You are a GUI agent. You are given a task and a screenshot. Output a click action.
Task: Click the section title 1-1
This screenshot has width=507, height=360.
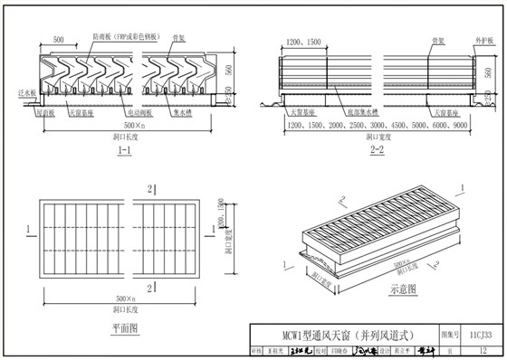[x=124, y=152]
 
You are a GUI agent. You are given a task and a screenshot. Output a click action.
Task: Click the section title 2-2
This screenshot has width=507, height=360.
[x=378, y=152]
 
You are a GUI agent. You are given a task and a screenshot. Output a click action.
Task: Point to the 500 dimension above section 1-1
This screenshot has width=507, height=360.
[x=58, y=42]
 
